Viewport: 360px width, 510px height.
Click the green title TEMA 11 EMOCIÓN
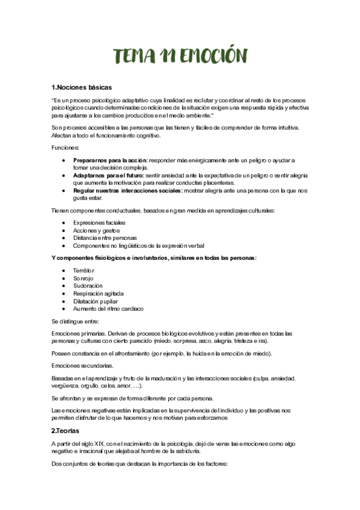[x=180, y=56]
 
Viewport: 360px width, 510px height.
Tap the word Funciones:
[x=65, y=147]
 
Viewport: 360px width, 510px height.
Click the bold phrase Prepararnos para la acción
[x=110, y=161]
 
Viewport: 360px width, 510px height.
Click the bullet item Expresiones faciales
[x=96, y=223]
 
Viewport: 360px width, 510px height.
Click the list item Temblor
[x=84, y=271]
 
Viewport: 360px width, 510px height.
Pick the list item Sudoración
[x=88, y=286]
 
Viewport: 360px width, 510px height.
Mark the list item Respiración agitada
[x=99, y=293]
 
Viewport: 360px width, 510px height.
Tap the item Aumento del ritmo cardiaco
[x=108, y=309]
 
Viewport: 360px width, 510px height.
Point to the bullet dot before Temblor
[x=64, y=271]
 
